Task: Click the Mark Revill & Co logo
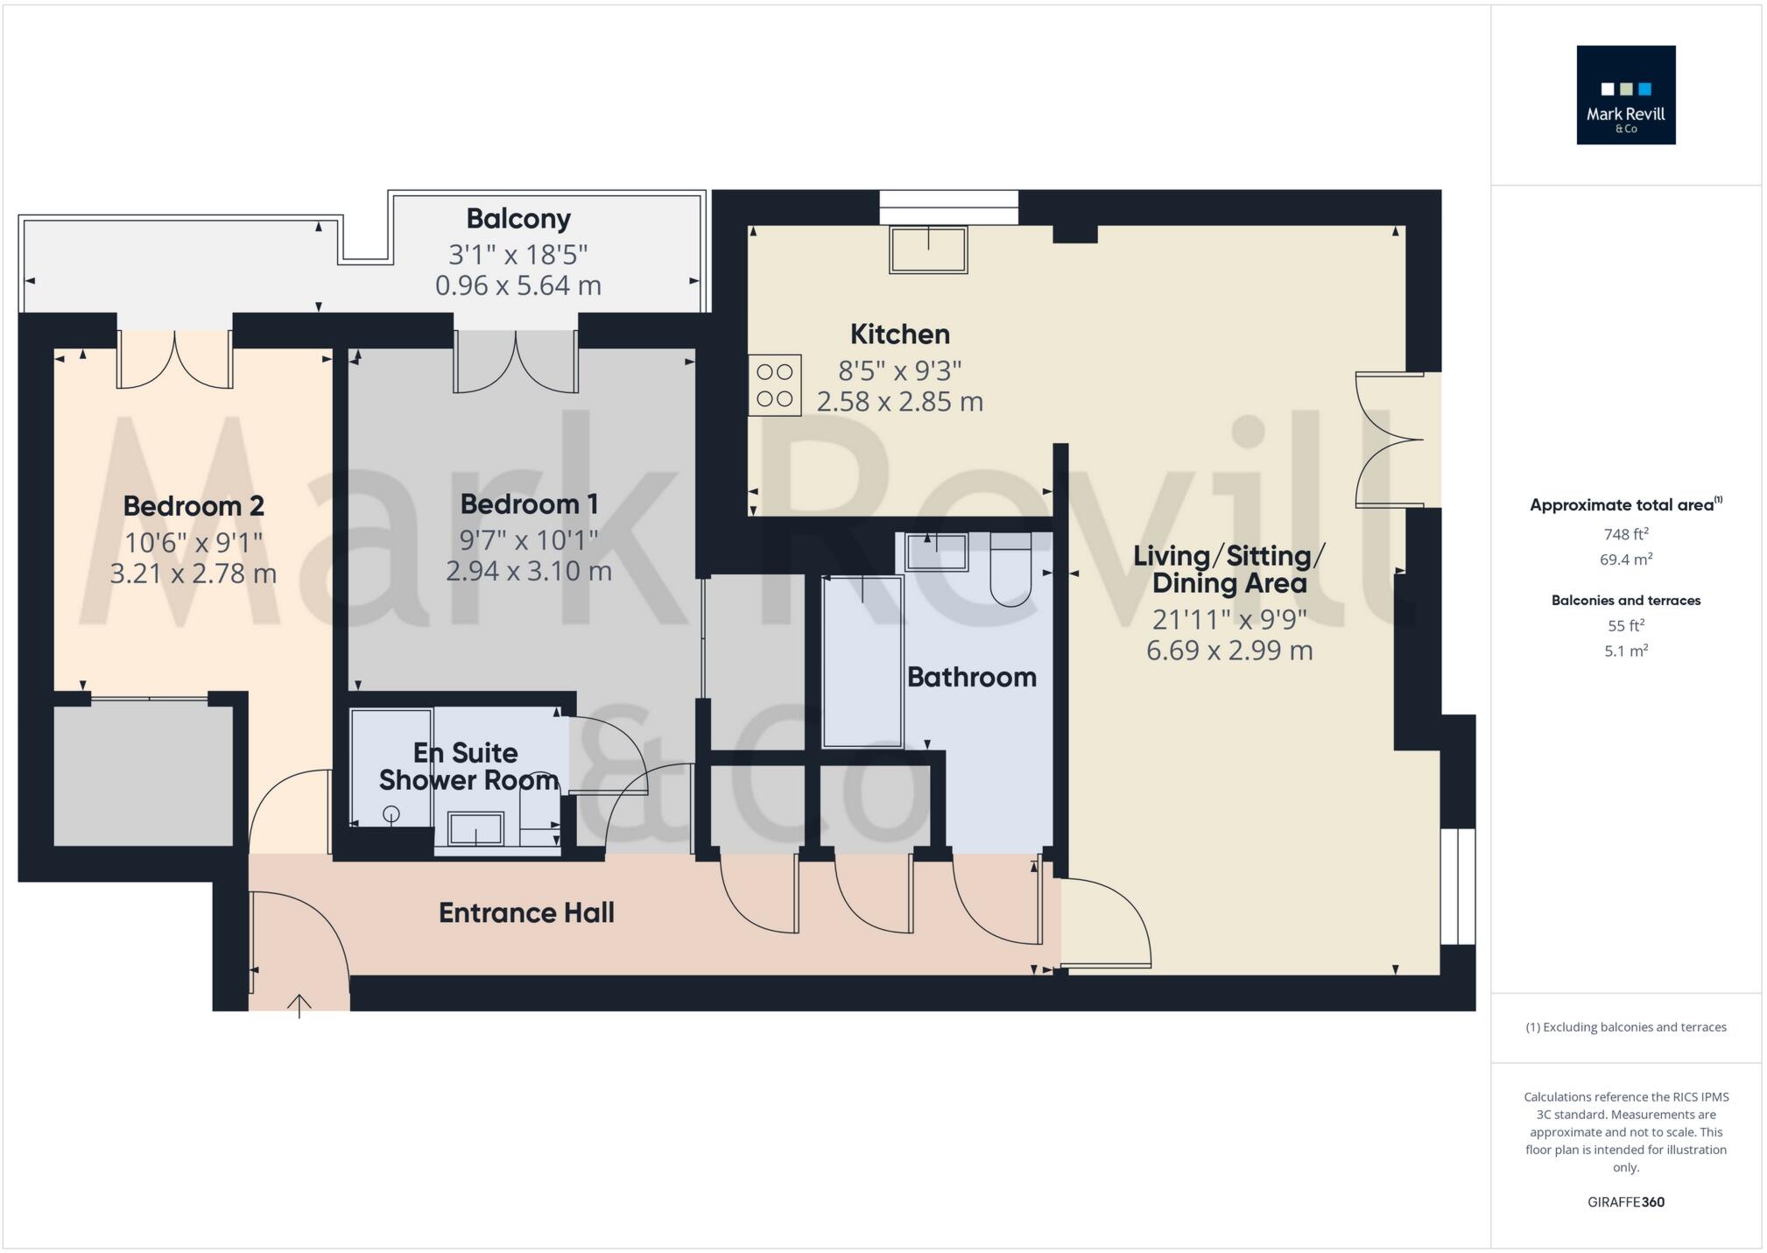pos(1625,95)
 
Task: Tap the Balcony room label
pos(517,219)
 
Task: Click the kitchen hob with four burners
pos(774,384)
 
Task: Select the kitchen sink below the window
pos(928,250)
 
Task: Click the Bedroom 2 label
pos(194,506)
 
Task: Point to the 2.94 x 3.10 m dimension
pos(528,571)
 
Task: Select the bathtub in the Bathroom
pos(862,662)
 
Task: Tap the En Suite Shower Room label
pos(468,766)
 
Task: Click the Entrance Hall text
pos(526,913)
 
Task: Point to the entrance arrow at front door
pos(299,1005)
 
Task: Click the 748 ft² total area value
pos(1625,534)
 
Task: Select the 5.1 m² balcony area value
pos(1625,651)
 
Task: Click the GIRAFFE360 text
pos(1625,1202)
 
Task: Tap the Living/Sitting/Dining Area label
pos(1228,569)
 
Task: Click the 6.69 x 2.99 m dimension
pos(1228,651)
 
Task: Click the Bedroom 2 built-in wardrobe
pos(143,775)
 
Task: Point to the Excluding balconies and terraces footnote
pos(1625,1027)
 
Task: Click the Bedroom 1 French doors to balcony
pos(515,361)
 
